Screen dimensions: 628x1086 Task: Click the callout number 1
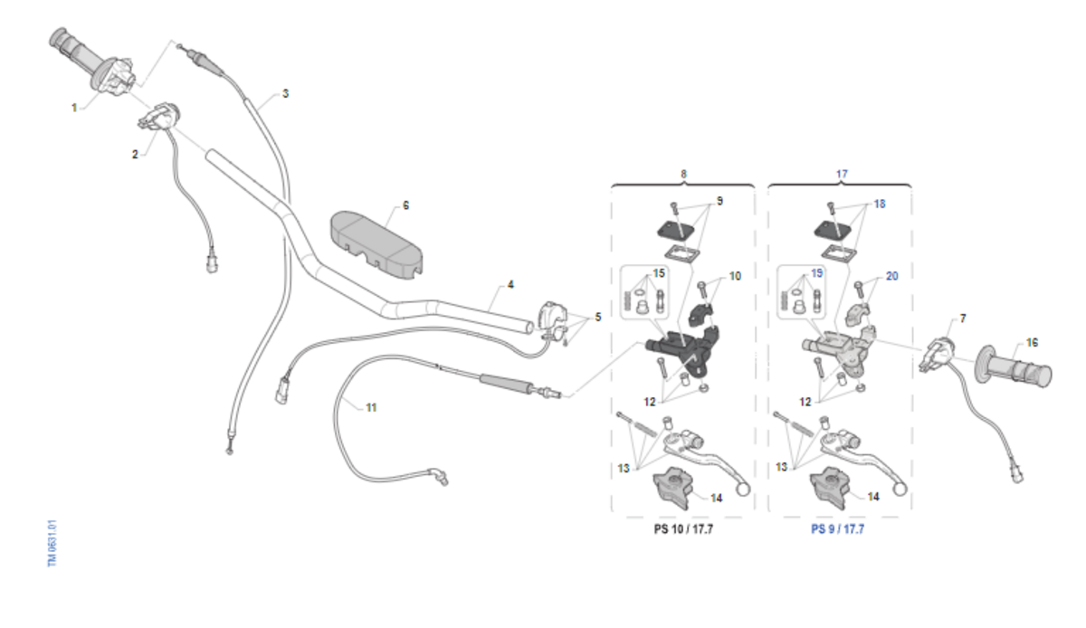pyautogui.click(x=74, y=107)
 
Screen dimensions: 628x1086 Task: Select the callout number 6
pyautogui.click(x=405, y=205)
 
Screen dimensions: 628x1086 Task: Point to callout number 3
pyautogui.click(x=285, y=93)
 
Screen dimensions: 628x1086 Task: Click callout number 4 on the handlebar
pyautogui.click(x=510, y=284)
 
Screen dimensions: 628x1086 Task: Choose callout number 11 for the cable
pyautogui.click(x=371, y=408)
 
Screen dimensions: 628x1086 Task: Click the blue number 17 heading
pyautogui.click(x=842, y=173)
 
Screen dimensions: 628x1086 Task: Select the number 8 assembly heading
pyautogui.click(x=683, y=173)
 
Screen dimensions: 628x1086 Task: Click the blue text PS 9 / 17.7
pyautogui.click(x=838, y=528)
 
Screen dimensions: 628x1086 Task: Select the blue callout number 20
pyautogui.click(x=891, y=276)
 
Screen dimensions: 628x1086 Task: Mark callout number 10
pyautogui.click(x=735, y=276)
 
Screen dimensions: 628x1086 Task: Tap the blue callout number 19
pyautogui.click(x=816, y=272)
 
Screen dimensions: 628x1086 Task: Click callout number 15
pyautogui.click(x=659, y=272)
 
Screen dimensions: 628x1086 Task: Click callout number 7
pyautogui.click(x=963, y=319)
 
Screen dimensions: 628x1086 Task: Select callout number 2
pyautogui.click(x=135, y=155)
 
